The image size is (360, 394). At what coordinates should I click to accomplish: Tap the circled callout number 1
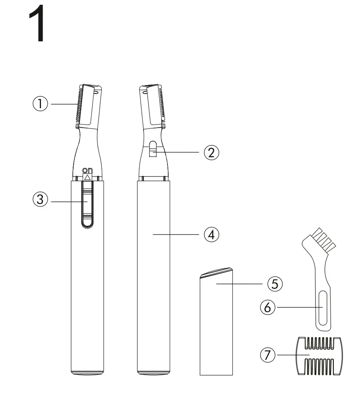coord(40,104)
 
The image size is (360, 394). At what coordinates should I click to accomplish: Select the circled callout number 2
coord(212,152)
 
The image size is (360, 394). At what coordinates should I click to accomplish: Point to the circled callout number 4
coord(212,235)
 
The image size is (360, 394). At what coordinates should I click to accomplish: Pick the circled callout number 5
coord(274,284)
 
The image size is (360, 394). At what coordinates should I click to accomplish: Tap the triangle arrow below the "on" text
coord(88,177)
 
